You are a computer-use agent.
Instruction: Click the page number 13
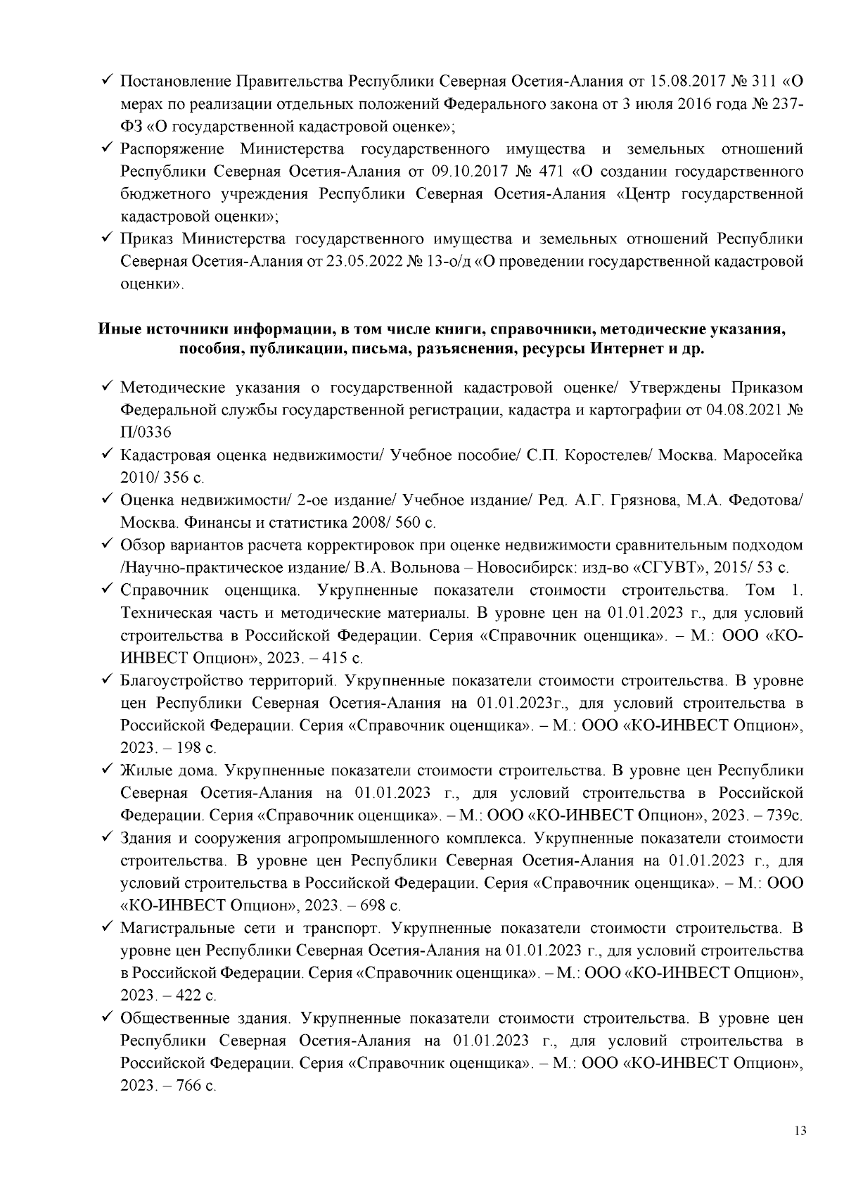tap(798, 1131)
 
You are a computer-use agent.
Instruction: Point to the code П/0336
tap(146, 432)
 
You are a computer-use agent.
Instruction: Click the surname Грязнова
tap(644, 500)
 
